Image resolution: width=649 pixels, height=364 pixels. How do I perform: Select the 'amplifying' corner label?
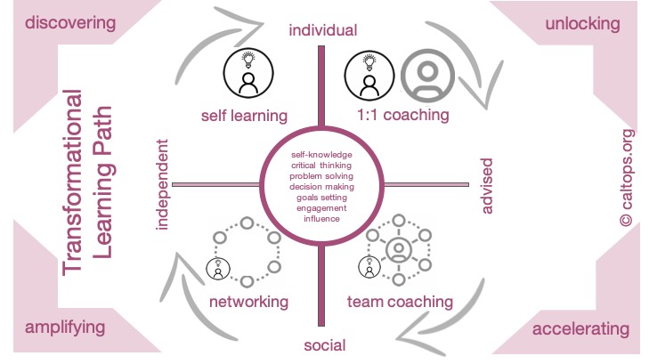(65, 327)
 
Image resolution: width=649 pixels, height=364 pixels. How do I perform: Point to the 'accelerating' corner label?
(580, 329)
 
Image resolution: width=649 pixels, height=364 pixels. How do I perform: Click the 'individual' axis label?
(322, 30)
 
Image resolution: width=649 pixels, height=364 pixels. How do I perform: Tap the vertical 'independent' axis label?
(163, 184)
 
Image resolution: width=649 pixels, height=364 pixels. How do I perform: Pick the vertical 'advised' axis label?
(486, 186)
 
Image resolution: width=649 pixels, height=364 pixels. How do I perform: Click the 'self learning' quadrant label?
(243, 115)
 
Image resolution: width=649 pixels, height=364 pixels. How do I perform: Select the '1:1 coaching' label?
(402, 115)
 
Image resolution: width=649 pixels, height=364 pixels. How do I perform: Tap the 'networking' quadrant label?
(248, 301)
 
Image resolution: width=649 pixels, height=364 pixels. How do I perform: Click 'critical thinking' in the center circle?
(321, 166)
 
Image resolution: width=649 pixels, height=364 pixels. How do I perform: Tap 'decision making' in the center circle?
(321, 187)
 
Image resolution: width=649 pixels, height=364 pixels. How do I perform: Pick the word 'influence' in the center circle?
(321, 218)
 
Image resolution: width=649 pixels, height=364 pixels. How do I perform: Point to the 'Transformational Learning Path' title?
(89, 182)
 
